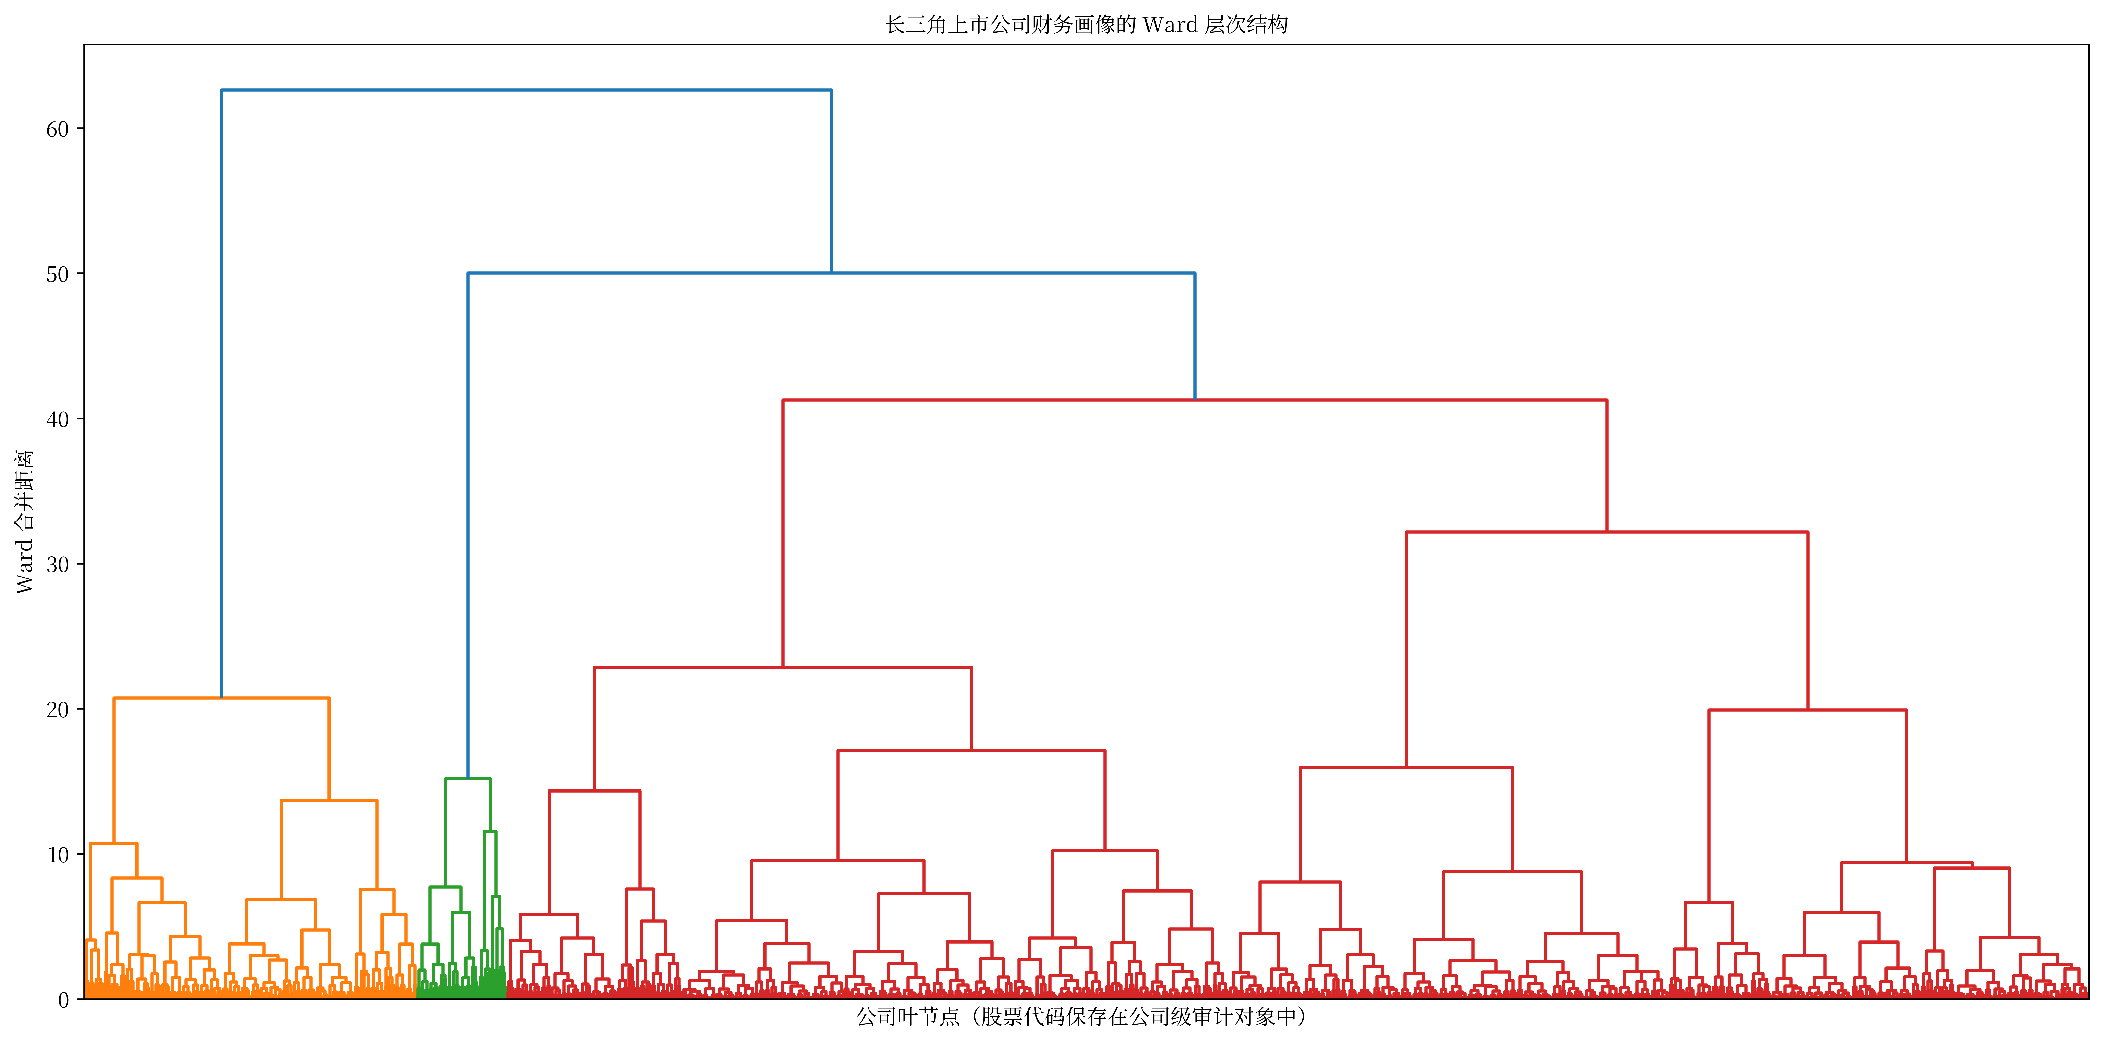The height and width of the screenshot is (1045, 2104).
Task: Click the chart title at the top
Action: [1086, 24]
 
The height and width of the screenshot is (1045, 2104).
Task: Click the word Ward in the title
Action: [1170, 24]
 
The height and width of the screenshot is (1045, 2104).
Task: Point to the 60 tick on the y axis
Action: [57, 129]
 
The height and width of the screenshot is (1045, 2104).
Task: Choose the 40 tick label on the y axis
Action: [57, 419]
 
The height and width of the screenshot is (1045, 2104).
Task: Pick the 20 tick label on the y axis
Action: [57, 709]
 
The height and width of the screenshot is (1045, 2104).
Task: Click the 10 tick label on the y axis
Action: [57, 855]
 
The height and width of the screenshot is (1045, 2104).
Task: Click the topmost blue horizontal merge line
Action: [527, 90]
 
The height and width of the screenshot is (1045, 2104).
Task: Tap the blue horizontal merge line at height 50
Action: [831, 273]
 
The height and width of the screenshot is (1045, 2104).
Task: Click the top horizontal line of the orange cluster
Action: [221, 698]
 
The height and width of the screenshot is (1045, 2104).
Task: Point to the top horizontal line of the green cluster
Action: [468, 779]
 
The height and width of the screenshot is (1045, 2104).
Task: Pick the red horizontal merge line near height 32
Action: [1607, 532]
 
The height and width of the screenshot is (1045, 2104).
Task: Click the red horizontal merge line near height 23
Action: [783, 667]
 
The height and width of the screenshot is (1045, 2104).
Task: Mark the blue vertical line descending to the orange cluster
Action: [221, 394]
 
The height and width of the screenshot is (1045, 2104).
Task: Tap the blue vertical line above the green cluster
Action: [468, 525]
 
